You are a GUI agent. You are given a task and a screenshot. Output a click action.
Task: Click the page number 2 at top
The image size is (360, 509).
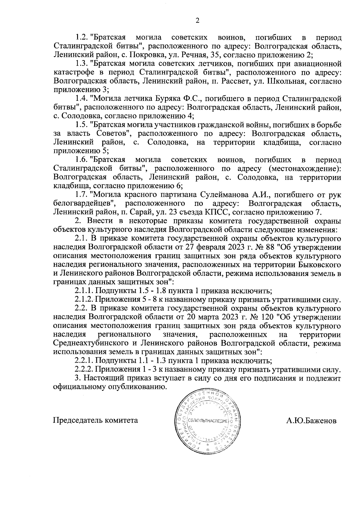197,20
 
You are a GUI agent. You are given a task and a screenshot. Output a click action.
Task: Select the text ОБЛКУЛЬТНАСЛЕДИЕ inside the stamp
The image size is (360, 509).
208,421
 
